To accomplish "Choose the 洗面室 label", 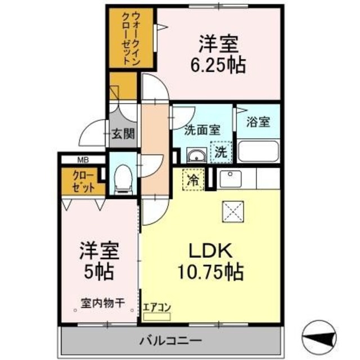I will click(x=202, y=129).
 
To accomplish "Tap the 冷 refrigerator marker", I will click(x=192, y=181).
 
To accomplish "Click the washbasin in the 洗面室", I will click(x=196, y=155).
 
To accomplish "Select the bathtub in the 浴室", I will click(x=259, y=151).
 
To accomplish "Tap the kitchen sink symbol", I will click(x=229, y=179).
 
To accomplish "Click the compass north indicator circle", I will click(x=319, y=336).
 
